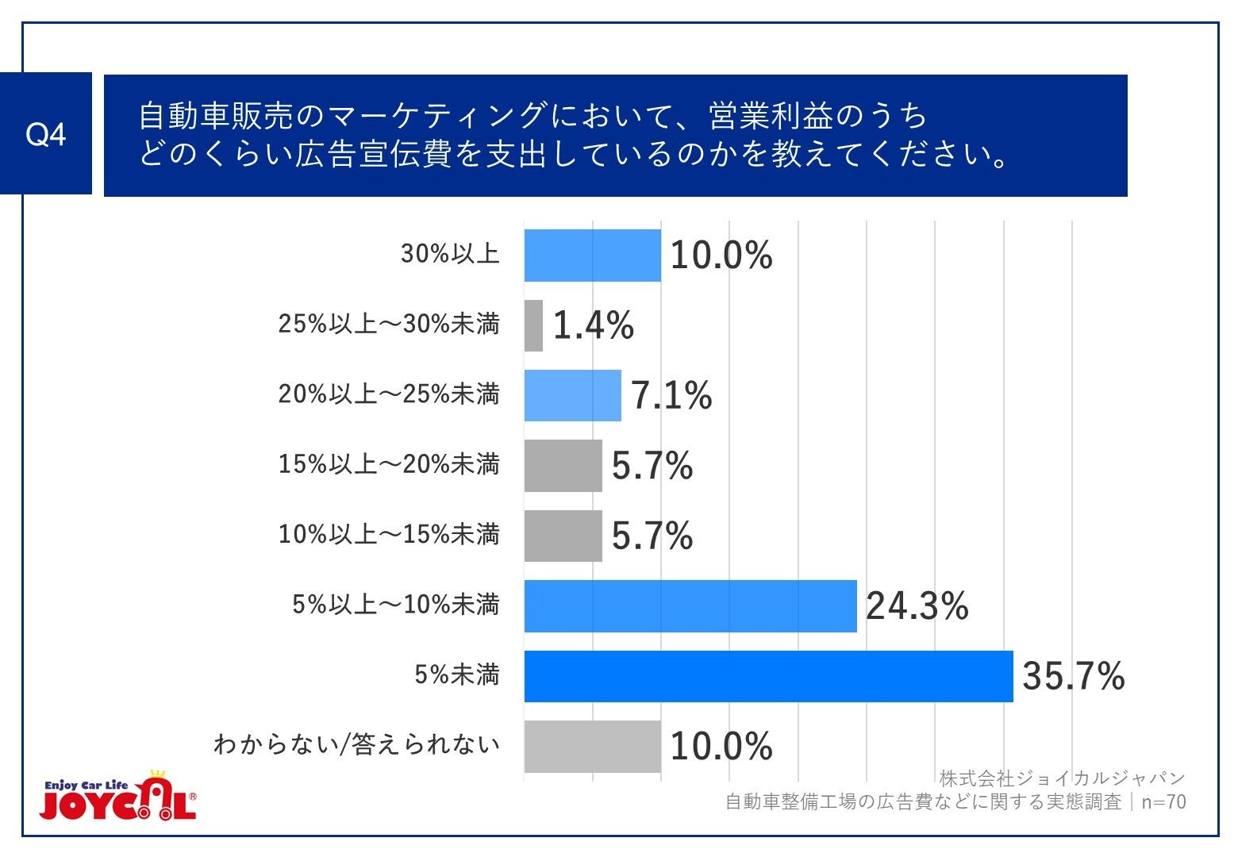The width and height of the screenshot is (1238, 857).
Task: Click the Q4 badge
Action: tap(45, 134)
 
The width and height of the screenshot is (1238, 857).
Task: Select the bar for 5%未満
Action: tap(768, 676)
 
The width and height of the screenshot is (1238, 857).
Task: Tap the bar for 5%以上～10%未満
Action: tap(690, 606)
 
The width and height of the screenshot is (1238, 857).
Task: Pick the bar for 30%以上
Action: tap(592, 256)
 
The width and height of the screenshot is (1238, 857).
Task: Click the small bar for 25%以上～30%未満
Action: tap(533, 325)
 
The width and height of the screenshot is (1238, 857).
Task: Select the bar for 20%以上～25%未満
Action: tap(572, 395)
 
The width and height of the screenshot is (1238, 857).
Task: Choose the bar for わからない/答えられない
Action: tap(592, 746)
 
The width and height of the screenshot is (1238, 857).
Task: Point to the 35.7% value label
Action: tap(1073, 676)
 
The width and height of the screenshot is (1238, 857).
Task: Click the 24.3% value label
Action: tap(917, 606)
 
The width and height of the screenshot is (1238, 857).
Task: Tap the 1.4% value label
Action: tap(593, 325)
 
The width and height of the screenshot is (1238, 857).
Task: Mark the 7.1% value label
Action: tap(671, 395)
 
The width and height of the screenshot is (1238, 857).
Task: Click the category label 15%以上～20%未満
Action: tap(389, 464)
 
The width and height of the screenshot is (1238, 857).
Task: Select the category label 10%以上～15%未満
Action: tap(389, 534)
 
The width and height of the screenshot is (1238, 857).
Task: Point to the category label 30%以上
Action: tap(450, 254)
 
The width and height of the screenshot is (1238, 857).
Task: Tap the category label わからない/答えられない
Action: tap(356, 744)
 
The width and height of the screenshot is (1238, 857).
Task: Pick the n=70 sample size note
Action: tap(1163, 802)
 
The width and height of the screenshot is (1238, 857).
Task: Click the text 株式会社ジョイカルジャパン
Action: tap(1062, 778)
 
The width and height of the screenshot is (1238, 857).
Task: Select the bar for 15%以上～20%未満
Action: tap(563, 466)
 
